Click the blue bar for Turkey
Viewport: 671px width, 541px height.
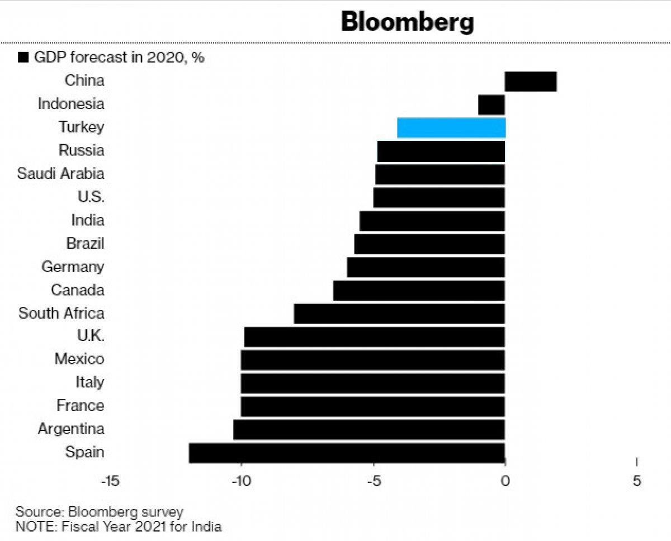pyautogui.click(x=451, y=127)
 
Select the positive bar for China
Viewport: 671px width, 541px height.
pyautogui.click(x=531, y=82)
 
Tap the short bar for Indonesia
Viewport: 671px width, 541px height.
pyautogui.click(x=492, y=105)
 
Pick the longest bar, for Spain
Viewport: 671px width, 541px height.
pyautogui.click(x=347, y=453)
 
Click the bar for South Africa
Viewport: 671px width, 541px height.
pyautogui.click(x=399, y=314)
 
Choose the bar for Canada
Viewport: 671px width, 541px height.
pyautogui.click(x=419, y=291)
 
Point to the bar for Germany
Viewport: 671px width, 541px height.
pyautogui.click(x=426, y=267)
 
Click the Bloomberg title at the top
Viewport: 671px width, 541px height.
pyautogui.click(x=408, y=22)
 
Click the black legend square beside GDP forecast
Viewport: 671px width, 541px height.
pyautogui.click(x=23, y=58)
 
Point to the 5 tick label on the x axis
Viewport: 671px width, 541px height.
pyautogui.click(x=637, y=481)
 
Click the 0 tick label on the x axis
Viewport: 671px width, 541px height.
pyautogui.click(x=505, y=481)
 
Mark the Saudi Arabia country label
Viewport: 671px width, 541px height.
pyautogui.click(x=60, y=173)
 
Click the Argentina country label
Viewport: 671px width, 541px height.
pyautogui.click(x=71, y=429)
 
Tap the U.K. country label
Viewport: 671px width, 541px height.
pyautogui.click(x=91, y=336)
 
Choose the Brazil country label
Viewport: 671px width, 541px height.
pyautogui.click(x=85, y=244)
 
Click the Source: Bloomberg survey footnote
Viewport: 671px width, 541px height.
pyautogui.click(x=100, y=512)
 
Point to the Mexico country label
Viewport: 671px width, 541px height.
pyautogui.click(x=79, y=359)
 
